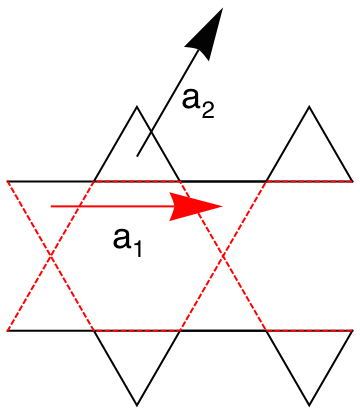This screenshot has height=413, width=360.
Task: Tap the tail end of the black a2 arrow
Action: pyautogui.click(x=137, y=156)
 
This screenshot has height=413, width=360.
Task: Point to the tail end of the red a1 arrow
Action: pyautogui.click(x=51, y=205)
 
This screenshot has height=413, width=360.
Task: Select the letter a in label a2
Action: pyautogui.click(x=192, y=99)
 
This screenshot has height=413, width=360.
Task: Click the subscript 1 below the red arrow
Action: pyautogui.click(x=139, y=247)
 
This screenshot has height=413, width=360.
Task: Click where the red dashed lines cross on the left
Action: pyautogui.click(x=50, y=256)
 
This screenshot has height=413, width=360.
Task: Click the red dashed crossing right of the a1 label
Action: pyautogui.click(x=223, y=256)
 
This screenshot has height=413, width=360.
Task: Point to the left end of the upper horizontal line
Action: pyautogui.click(x=8, y=181)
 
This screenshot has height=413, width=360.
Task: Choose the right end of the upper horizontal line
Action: pyautogui.click(x=352, y=181)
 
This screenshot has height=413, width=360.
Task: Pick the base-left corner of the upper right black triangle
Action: pyautogui.click(x=266, y=181)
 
